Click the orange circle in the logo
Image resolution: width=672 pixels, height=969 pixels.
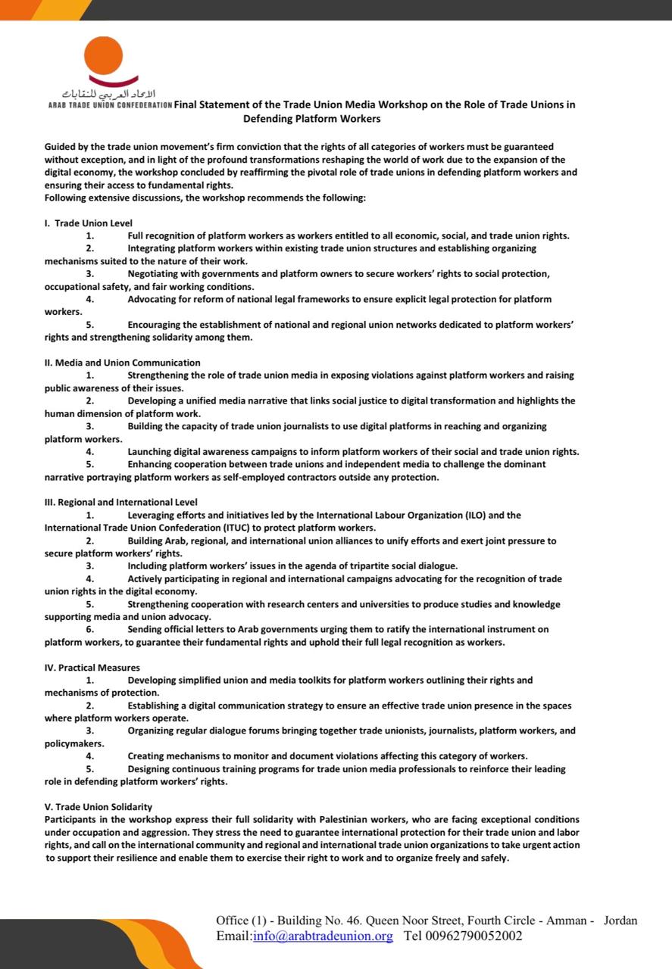click(x=104, y=55)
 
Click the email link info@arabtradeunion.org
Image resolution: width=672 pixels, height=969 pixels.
click(x=323, y=936)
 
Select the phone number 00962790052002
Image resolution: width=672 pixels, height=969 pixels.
click(x=463, y=936)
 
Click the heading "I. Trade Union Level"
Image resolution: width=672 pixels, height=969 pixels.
click(x=88, y=223)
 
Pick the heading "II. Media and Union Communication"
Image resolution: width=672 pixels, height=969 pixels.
click(x=122, y=363)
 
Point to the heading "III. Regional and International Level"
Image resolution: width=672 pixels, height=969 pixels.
click(x=120, y=502)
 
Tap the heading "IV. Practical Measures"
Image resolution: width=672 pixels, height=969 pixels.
click(x=92, y=668)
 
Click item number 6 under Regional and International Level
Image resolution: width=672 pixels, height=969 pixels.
click(x=89, y=630)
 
